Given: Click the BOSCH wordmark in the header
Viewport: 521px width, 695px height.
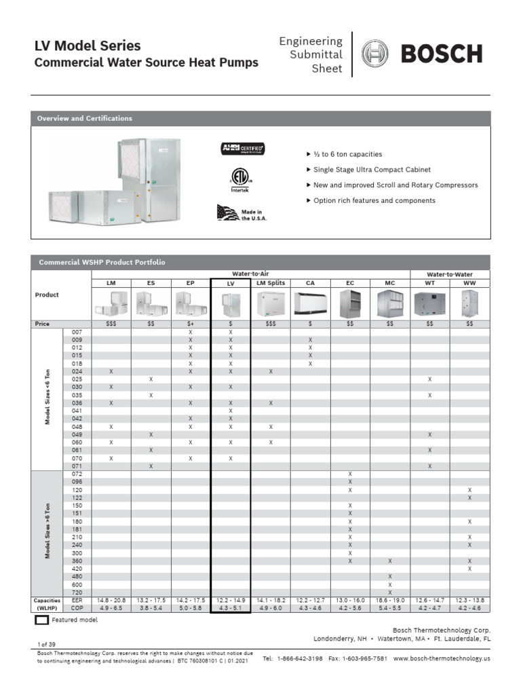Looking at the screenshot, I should pos(442,54).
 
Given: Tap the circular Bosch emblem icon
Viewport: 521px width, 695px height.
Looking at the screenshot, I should pos(374,54).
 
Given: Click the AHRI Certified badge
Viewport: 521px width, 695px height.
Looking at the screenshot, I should pos(242,149).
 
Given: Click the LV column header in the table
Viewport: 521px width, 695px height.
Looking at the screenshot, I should pos(231,282).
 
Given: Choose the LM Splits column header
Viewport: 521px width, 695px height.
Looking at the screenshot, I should pos(271,282).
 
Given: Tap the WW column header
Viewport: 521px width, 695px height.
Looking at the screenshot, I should pos(469,282).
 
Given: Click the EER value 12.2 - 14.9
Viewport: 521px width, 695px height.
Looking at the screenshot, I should pos(231,601).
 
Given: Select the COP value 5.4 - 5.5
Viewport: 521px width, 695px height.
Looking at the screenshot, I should pos(390,608).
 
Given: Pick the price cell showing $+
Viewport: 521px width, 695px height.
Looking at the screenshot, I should pos(191,324).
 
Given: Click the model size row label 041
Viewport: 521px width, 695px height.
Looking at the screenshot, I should pos(77,411).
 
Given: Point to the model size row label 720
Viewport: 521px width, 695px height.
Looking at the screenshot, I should pos(77,593).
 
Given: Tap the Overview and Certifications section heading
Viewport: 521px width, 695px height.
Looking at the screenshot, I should pos(85,119).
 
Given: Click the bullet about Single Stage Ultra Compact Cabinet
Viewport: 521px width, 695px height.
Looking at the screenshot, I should pos(371,170).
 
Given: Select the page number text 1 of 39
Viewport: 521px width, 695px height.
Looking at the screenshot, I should pos(45,642).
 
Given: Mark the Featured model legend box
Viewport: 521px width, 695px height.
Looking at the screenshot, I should pos(41,620).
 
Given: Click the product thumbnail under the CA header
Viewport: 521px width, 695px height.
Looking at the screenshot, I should pos(311,303).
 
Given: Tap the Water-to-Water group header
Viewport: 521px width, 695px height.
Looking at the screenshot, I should pos(450,274).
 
